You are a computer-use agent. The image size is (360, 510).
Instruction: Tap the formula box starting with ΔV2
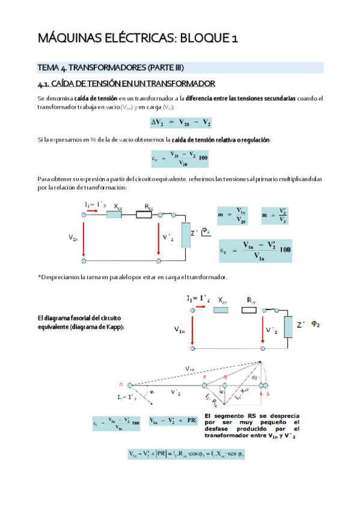tap(180, 123)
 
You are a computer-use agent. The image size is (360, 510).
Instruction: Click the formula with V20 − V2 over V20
tap(180, 159)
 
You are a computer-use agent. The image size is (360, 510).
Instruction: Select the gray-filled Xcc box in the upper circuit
tap(114, 215)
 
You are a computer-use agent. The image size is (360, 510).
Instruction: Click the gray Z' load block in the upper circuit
tap(185, 238)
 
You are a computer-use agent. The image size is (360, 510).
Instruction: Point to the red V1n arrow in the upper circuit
tap(84, 238)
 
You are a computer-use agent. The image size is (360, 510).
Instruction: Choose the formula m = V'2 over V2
tap(275, 216)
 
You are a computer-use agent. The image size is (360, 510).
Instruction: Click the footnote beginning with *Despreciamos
tap(132, 277)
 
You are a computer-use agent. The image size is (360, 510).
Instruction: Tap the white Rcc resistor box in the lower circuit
tap(249, 310)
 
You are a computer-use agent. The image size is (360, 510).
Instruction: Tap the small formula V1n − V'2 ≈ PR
tap(172, 420)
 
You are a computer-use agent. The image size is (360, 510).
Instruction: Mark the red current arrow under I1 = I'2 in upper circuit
tap(96, 212)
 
